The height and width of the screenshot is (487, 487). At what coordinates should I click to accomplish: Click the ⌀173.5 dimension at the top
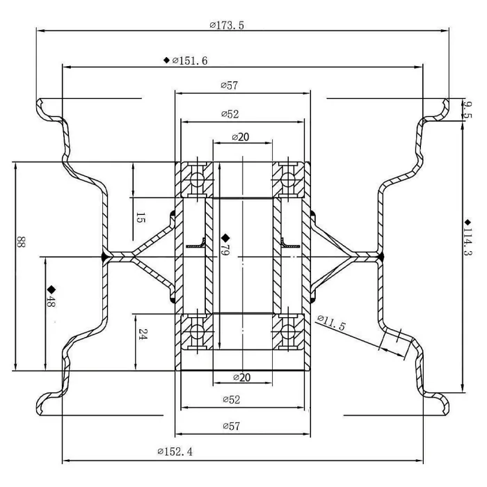click(x=226, y=25)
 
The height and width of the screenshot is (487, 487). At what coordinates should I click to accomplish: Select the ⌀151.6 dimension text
click(x=190, y=61)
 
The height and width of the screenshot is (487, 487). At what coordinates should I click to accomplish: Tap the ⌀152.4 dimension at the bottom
click(x=175, y=452)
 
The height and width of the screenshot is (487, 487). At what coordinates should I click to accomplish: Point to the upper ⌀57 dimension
click(x=230, y=86)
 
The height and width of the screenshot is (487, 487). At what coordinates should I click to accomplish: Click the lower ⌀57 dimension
click(x=230, y=426)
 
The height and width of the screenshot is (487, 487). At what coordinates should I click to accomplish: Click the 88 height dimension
click(x=21, y=243)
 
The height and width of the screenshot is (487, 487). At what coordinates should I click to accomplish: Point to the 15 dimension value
click(x=140, y=218)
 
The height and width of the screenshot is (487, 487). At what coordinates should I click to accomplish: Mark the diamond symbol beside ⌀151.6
click(x=166, y=61)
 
